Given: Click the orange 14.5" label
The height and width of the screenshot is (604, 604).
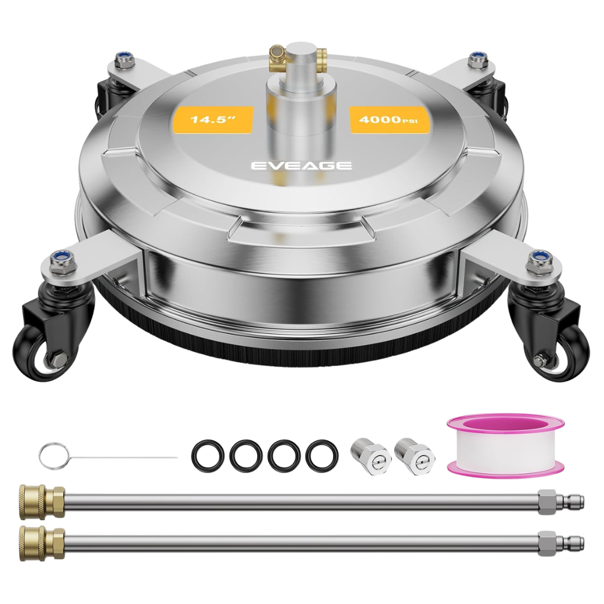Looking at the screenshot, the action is [x=214, y=120].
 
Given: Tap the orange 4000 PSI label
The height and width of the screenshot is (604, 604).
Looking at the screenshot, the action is [x=388, y=120].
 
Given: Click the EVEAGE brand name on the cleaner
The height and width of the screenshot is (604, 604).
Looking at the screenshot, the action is [x=301, y=166].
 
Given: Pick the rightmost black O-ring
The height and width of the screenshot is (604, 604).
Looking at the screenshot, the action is [x=322, y=456].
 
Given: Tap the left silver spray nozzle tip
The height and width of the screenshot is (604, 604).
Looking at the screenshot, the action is [x=371, y=456].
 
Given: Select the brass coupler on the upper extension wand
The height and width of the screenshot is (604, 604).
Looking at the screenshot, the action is [x=42, y=502].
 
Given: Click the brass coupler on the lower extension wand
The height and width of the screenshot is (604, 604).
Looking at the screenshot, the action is [x=42, y=542].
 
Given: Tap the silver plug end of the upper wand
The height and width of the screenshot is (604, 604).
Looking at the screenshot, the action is [x=561, y=502].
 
